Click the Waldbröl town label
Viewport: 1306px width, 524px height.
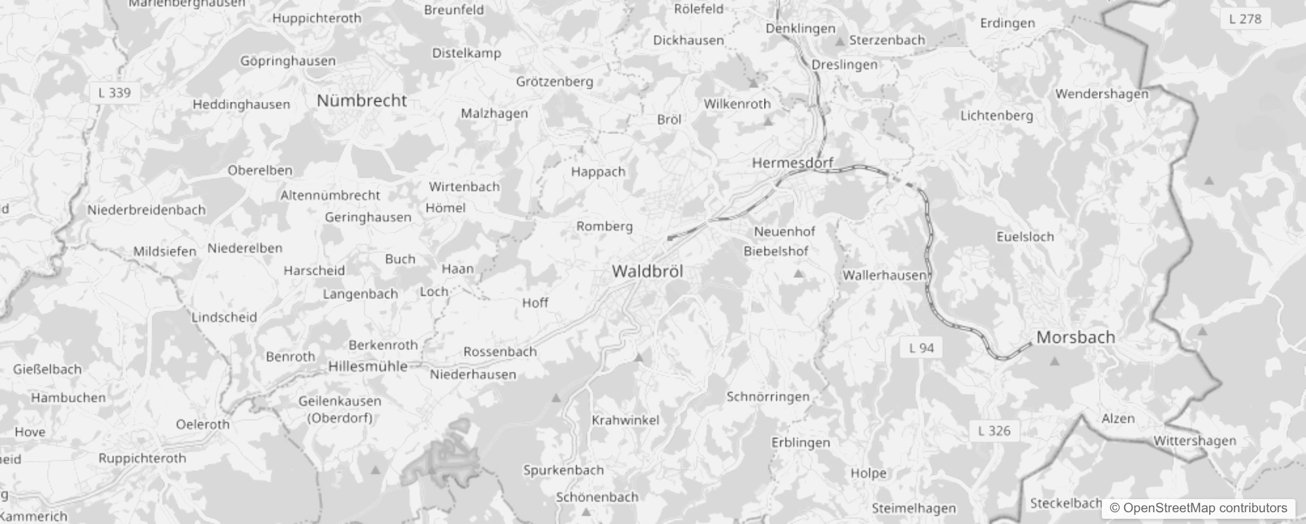click(647, 271)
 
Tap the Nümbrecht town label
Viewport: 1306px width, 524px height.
click(362, 101)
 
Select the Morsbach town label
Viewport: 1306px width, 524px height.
click(1076, 337)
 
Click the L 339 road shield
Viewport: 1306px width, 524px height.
click(115, 93)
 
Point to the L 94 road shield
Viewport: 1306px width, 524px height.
click(921, 348)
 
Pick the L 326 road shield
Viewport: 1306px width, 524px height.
click(994, 431)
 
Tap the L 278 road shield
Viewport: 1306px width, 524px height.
click(1244, 19)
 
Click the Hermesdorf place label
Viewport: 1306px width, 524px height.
click(792, 163)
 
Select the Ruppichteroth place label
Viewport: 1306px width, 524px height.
click(142, 458)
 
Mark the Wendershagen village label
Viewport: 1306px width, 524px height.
click(1101, 94)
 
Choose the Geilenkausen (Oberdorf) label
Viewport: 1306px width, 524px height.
click(340, 409)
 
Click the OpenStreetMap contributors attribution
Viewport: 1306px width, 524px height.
click(1198, 508)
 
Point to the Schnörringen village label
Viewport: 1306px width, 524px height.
click(768, 397)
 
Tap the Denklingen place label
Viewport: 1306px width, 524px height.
click(800, 29)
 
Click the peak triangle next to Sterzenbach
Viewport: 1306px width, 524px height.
click(840, 41)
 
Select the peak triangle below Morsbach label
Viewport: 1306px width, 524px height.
click(1054, 361)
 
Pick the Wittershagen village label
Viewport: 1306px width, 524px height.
click(1194, 441)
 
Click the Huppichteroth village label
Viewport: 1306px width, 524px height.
click(317, 18)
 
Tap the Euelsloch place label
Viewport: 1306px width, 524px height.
click(1025, 237)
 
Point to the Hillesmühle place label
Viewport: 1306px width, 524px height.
click(368, 367)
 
